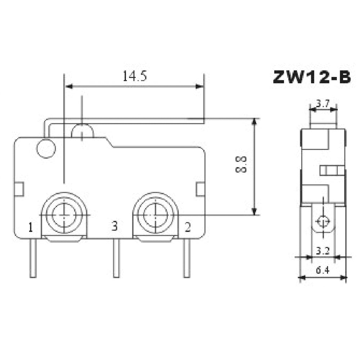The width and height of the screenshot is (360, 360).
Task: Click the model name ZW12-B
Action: click(311, 77)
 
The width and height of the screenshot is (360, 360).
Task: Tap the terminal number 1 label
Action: click(31, 227)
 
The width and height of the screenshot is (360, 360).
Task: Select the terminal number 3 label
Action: click(114, 226)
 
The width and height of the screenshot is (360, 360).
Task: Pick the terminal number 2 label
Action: click(188, 227)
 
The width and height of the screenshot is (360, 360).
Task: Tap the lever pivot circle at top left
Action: click(46, 149)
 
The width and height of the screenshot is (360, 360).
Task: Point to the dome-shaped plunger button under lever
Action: click(82, 132)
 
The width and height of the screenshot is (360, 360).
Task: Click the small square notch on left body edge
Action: click(19, 189)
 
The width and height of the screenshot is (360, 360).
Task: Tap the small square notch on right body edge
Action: click(201, 189)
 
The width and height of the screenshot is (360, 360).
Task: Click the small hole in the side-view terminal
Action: click(323, 220)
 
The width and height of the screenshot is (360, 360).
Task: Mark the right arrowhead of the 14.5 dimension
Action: click(199, 86)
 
